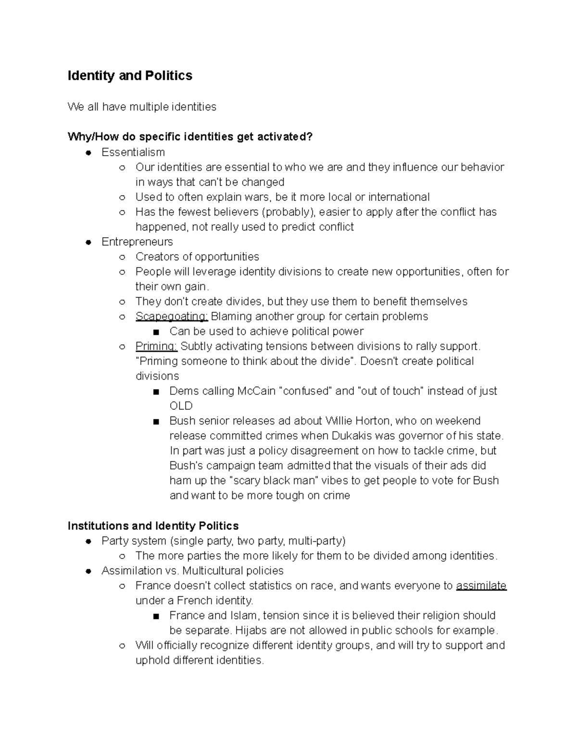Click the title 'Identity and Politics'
pyautogui.click(x=130, y=76)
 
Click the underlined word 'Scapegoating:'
pyautogui.click(x=171, y=317)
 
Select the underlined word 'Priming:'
pyautogui.click(x=156, y=346)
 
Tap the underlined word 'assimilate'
pyautogui.click(x=481, y=586)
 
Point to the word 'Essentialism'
pyautogui.click(x=133, y=152)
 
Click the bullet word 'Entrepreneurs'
pyautogui.click(x=137, y=242)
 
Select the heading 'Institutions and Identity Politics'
pyautogui.click(x=153, y=526)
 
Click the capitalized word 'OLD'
pyautogui.click(x=181, y=406)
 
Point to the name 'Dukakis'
pyautogui.click(x=350, y=436)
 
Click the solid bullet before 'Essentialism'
pyautogui.click(x=88, y=153)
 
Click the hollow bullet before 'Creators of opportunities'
pyautogui.click(x=122, y=257)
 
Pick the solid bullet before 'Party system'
pyautogui.click(x=88, y=541)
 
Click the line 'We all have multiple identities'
pyautogui.click(x=142, y=107)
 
